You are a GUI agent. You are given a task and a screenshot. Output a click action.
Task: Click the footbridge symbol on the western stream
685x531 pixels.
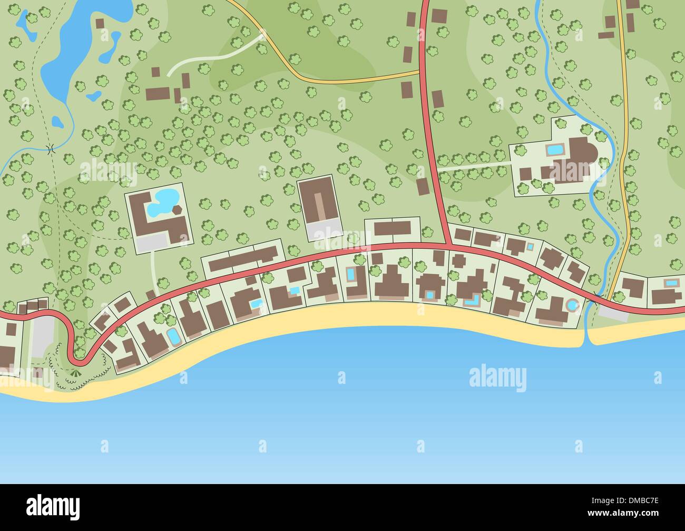pyautogui.click(x=51, y=149)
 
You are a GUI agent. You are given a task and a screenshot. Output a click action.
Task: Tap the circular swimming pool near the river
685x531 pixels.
pyautogui.click(x=572, y=305)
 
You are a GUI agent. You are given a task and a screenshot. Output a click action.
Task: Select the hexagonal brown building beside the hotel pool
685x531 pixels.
pyautogui.click(x=178, y=210)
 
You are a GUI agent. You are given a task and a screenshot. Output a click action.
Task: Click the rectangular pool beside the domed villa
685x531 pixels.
pyautogui.click(x=554, y=150)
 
